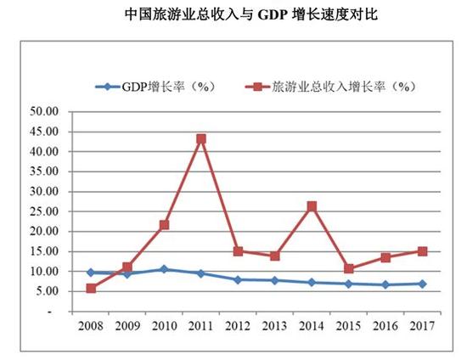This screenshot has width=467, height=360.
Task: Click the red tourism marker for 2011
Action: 201,138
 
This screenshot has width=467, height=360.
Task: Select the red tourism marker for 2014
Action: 312,206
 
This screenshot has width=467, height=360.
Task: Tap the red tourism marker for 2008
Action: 92,289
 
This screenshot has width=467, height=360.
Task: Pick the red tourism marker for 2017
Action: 422,251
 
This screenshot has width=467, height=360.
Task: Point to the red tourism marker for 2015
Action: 348,269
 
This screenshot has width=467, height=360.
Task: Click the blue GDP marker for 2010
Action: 165,269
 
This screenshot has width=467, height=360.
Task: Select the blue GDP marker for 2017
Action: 422,284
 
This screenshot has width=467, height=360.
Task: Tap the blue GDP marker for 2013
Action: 275,280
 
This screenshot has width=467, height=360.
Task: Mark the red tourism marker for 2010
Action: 165,225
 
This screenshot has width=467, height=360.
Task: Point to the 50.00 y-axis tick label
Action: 44,111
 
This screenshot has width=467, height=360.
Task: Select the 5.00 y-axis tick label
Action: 47,291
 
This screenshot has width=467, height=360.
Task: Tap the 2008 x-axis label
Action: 92,325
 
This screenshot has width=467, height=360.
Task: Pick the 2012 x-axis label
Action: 239,325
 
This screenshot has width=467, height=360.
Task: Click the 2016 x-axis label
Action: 385,325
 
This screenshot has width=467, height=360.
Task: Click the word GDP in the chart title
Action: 273,15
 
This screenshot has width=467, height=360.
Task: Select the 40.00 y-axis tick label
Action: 44,151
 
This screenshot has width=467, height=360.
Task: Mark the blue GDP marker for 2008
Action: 92,273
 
